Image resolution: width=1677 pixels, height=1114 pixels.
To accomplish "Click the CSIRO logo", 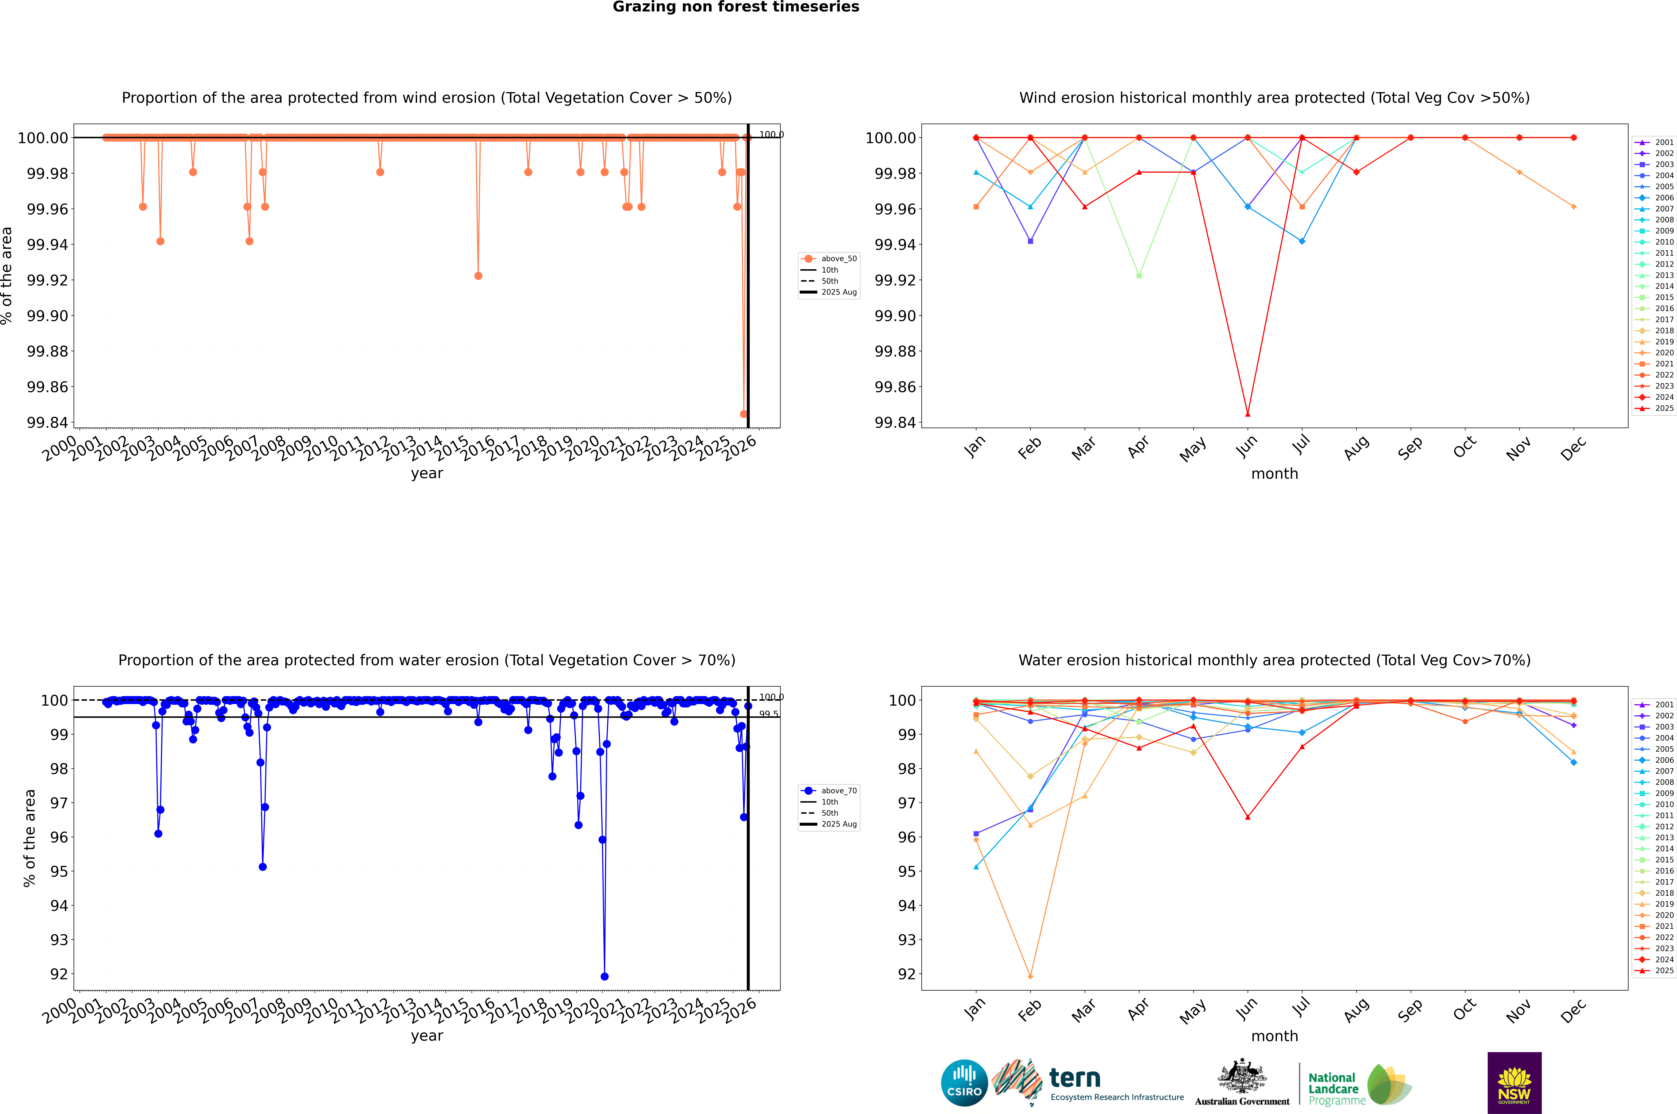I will (964, 1083).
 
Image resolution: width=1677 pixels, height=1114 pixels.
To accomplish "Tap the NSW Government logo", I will (1514, 1083).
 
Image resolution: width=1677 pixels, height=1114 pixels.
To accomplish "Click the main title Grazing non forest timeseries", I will (736, 7).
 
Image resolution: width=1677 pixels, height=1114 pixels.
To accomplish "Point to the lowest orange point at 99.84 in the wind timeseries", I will (744, 414).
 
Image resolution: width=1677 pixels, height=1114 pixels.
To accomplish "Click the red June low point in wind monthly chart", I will (1248, 414).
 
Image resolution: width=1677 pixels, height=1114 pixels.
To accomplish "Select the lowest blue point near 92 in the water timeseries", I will (604, 976).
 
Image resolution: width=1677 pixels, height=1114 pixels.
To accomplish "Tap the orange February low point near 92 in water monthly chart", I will (1030, 976).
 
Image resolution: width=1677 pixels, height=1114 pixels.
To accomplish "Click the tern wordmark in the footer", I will (1075, 1079).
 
